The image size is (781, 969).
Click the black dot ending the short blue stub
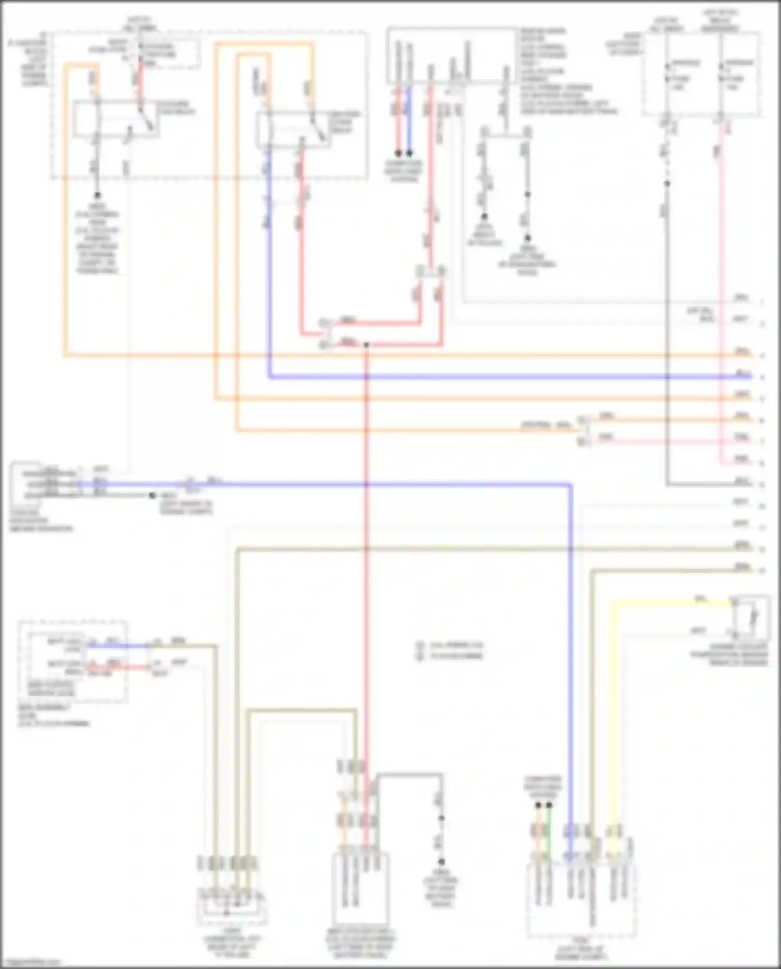pos(409,154)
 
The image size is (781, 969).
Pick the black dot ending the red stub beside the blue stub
pos(398,154)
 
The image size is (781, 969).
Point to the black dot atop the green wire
pos(549,806)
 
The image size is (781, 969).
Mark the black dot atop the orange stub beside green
pos(538,806)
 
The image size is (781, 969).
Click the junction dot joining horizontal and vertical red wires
pos(366,345)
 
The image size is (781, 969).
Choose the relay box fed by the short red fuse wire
pos(116,119)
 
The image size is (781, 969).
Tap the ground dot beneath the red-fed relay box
pos(97,195)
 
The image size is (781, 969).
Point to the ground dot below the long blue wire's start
pos(152,496)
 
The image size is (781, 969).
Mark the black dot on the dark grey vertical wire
pos(667,183)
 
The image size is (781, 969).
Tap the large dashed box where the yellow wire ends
pos(581,906)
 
